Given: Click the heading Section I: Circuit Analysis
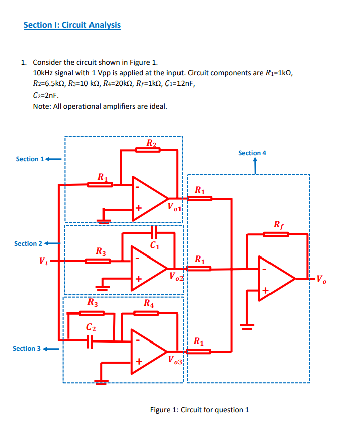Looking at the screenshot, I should coord(72,25).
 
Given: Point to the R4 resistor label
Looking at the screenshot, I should coord(149,303).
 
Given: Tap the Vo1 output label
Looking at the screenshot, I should coord(176,206).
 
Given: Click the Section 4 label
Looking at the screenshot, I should coord(252,153).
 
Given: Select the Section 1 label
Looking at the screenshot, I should coord(30,159).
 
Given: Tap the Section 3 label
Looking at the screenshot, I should coord(27,348).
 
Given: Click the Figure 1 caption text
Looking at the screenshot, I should coord(200,409).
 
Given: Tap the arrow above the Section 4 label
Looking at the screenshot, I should coord(255,164).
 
